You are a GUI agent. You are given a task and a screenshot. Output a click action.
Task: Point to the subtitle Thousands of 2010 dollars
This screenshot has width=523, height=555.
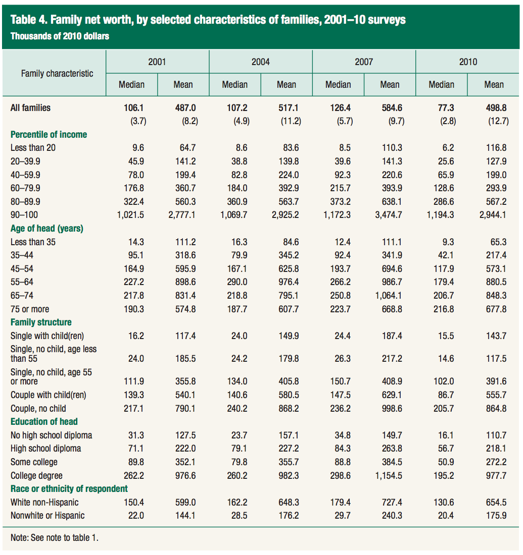tap(60, 36)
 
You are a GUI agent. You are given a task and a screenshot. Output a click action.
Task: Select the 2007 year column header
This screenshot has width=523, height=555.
tap(363, 62)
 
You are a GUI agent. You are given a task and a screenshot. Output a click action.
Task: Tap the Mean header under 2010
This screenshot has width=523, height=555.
tap(494, 84)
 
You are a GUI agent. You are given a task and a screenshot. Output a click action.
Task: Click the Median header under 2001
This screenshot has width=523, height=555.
tap(131, 84)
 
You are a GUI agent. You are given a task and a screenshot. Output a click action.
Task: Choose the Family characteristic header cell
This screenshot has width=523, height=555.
tap(57, 73)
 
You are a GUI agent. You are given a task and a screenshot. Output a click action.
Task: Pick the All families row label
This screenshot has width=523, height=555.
tap(30, 107)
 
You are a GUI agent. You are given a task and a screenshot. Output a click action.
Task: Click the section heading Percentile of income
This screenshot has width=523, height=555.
tap(49, 135)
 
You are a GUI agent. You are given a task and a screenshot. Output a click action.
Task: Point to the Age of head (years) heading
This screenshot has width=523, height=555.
tap(47, 229)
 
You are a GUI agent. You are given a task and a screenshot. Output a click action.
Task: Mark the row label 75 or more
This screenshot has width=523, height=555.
tap(30, 309)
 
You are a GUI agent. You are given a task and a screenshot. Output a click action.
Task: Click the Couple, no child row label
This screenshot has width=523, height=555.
tap(38, 408)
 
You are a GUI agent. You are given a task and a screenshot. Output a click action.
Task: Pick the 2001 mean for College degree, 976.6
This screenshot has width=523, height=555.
tap(183, 475)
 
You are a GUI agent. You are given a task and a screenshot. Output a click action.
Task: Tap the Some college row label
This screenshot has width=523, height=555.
tap(34, 462)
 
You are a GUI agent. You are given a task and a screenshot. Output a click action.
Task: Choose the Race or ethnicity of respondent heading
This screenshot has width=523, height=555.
tap(69, 488)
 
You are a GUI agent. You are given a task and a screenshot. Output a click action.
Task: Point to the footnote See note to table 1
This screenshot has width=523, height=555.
tap(55, 538)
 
